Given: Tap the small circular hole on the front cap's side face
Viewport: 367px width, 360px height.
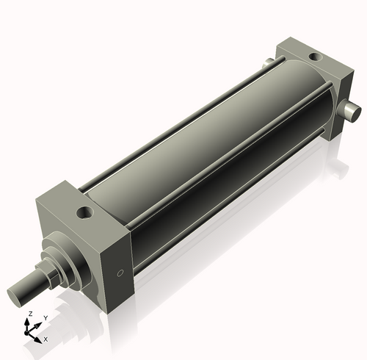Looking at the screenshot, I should (x=120, y=275).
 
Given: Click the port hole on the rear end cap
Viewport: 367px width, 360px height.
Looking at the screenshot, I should (x=315, y=56).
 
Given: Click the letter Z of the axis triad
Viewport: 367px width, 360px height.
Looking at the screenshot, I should (x=29, y=314).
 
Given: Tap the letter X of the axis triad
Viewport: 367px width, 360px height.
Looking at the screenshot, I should (x=46, y=339).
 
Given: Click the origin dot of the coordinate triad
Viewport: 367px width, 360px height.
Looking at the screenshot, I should (x=29, y=333).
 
